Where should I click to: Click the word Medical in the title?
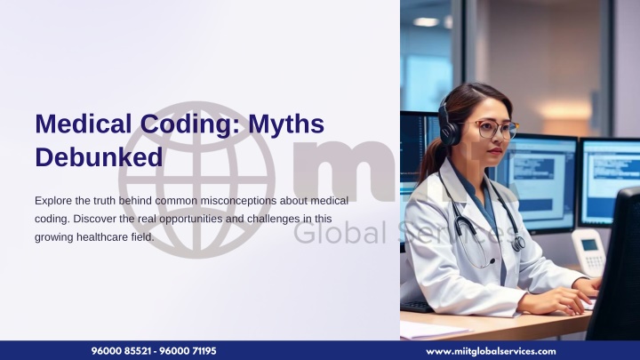[84, 124]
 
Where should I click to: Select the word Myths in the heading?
[286, 124]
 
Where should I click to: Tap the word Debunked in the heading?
[99, 157]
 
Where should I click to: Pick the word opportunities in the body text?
[191, 220]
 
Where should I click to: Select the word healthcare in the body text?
[102, 236]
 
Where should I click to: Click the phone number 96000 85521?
[121, 351]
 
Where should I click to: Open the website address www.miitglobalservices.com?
[491, 351]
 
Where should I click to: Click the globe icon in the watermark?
[196, 180]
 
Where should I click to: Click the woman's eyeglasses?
[496, 129]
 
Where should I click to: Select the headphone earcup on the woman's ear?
[449, 132]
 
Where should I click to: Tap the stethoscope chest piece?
[519, 244]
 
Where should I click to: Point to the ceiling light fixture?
[426, 21]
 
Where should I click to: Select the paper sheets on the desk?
[433, 331]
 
